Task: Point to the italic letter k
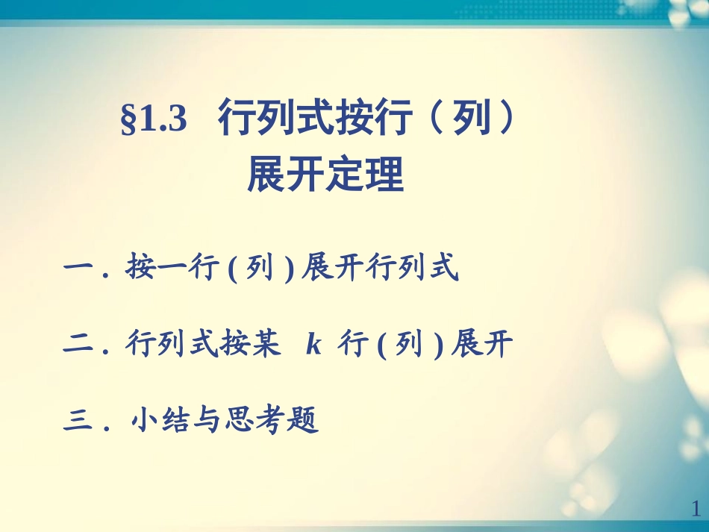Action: click(x=313, y=345)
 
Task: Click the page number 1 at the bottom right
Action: click(x=696, y=509)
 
